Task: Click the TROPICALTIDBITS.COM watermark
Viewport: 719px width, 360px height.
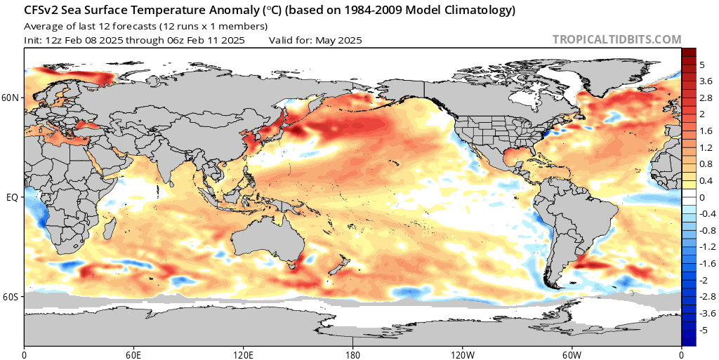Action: point(617,40)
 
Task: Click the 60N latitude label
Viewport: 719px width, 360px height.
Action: point(11,98)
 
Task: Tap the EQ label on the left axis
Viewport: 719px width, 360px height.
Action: point(12,198)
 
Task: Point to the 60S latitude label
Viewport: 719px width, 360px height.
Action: point(11,298)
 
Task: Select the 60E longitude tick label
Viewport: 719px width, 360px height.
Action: point(133,354)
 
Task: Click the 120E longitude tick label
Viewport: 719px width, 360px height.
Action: point(243,354)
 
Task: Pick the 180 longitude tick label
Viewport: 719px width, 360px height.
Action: point(352,354)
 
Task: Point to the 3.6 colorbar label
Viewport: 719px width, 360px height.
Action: point(706,81)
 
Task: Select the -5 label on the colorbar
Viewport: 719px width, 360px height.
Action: point(704,330)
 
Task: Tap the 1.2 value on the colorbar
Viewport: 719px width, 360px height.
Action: point(706,147)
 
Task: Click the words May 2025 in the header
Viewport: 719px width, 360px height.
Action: point(338,40)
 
